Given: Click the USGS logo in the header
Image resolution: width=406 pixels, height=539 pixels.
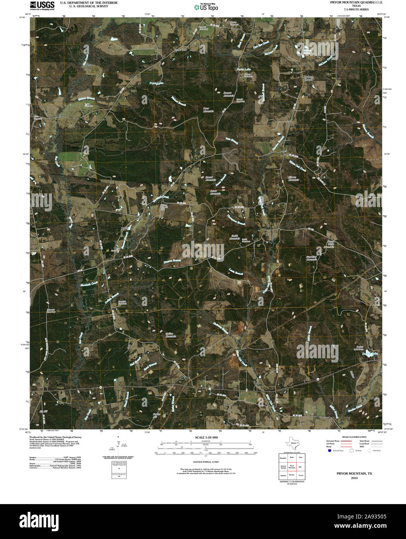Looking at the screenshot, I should coord(43,5).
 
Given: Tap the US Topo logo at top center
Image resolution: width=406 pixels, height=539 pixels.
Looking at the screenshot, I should coord(206,7).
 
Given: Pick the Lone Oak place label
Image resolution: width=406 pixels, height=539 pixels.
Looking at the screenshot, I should coord(181,50).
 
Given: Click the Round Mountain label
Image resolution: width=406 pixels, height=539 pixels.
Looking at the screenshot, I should coord(210,179).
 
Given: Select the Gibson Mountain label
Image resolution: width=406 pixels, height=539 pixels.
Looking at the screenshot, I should coord(293,179).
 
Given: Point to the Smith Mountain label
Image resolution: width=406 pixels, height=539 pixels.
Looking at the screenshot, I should coord(235,237).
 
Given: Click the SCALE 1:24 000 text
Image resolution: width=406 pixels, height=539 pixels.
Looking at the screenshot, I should coord(206,437).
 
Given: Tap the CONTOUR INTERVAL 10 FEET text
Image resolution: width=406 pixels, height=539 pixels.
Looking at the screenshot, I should coord(206,462).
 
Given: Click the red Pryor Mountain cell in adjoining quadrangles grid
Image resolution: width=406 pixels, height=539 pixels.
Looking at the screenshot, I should coord(292,467).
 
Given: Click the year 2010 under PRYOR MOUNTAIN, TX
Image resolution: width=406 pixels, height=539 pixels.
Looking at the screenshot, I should coord(354,478).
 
